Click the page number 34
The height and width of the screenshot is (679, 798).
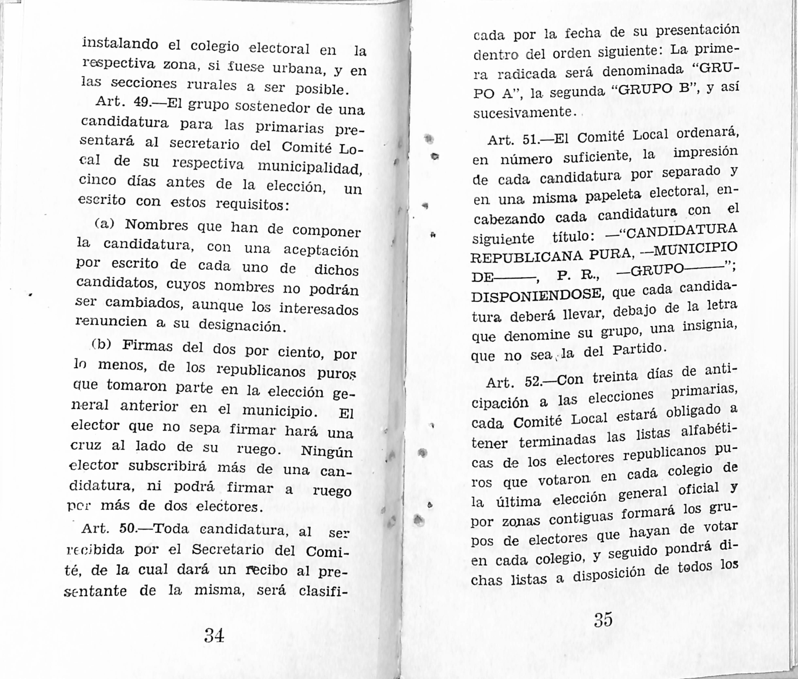(214, 635)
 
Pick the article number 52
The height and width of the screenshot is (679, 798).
(534, 382)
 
